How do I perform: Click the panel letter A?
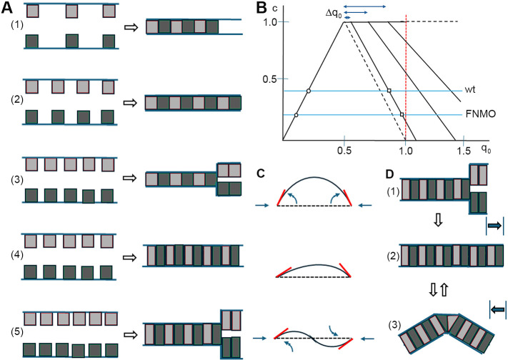click(9, 8)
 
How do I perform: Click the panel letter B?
click(262, 8)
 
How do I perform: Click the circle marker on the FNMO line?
click(296, 115)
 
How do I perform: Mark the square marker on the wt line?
click(389, 91)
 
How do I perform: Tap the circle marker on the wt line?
click(308, 91)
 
